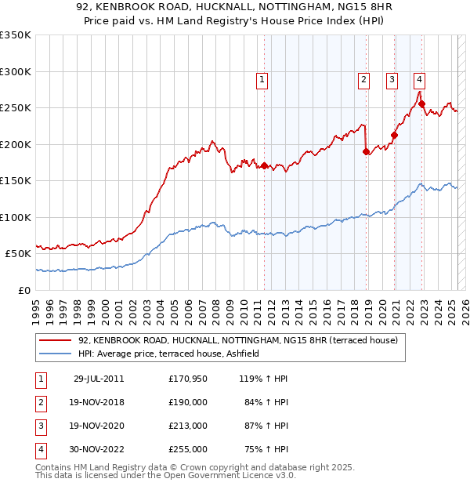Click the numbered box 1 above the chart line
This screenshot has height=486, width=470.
coord(262,78)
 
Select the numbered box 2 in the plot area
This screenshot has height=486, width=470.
coord(364,78)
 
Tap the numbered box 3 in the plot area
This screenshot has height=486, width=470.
coord(392,78)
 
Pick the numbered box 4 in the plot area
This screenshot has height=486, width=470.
coord(420,78)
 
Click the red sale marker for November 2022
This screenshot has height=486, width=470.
coord(421,103)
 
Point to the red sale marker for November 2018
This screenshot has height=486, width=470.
coord(367,151)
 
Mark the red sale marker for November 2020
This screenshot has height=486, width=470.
coord(394,135)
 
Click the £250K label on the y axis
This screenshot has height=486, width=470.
coord(15,107)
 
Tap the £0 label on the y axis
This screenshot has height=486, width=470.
coord(23,290)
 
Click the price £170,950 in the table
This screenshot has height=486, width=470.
coord(187,379)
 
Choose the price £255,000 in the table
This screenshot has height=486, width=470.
coord(187,450)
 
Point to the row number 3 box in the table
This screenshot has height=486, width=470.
coord(40,426)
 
